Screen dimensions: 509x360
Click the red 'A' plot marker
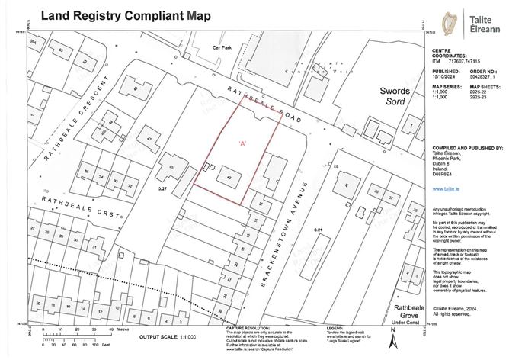tap(242, 143)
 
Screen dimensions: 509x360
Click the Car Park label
tap(222, 47)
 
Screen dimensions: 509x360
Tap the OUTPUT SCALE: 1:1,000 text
tap(166, 336)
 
